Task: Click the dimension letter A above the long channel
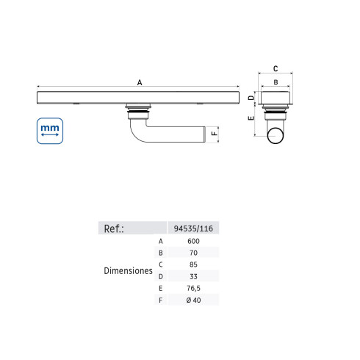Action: click(x=140, y=82)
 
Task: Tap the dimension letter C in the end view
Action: click(x=276, y=68)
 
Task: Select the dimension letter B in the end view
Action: click(x=276, y=82)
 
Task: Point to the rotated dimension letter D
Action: click(x=251, y=98)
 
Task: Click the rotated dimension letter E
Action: click(x=251, y=118)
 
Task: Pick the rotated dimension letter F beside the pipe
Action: click(x=215, y=134)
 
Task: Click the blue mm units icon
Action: click(x=50, y=131)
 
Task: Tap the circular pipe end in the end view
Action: click(x=276, y=135)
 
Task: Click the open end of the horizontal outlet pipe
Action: click(x=205, y=134)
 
